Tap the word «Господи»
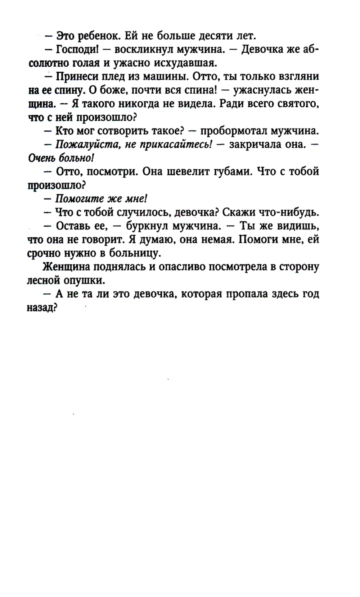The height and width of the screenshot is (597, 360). click(x=75, y=49)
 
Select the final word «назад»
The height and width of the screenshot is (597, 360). click(x=42, y=308)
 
